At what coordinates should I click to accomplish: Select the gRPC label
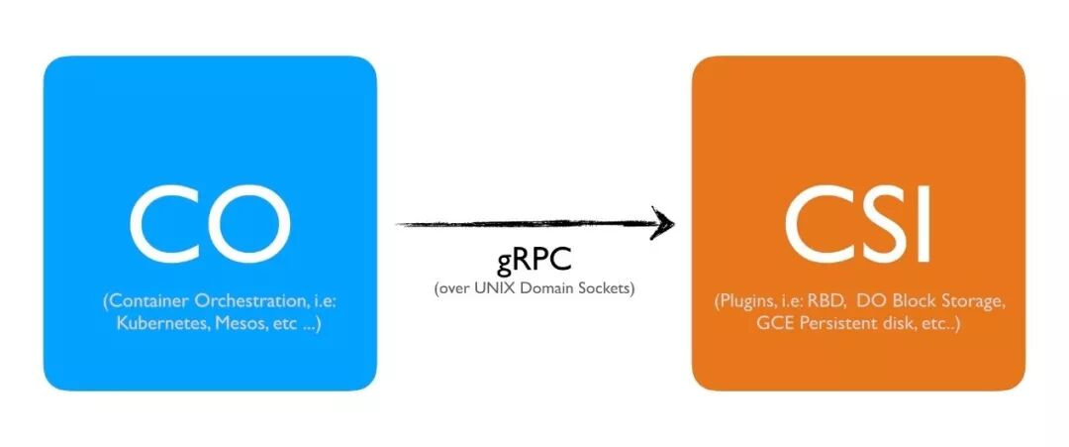point(534,262)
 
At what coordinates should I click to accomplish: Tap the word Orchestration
point(239,300)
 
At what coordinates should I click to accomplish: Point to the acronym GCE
point(750,323)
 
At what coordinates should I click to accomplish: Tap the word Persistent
point(816,323)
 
